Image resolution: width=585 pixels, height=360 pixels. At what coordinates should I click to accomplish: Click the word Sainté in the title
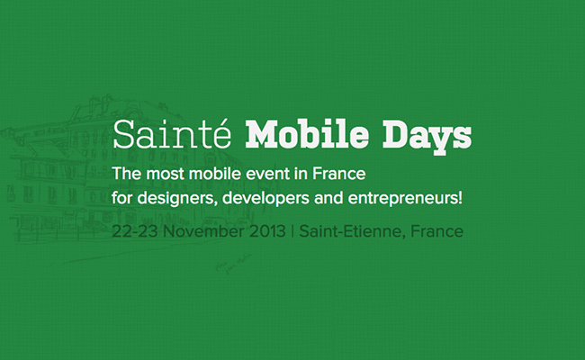pos(172,134)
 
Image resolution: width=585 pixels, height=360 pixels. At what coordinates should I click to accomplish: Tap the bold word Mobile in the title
pos(307,134)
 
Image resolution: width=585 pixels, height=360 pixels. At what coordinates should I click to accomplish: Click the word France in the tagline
pos(338,174)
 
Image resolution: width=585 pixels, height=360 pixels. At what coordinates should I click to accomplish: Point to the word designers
pos(177,198)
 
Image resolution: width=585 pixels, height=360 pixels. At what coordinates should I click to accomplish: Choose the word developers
pos(265,198)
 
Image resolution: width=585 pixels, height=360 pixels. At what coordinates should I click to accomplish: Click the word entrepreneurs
pos(402,198)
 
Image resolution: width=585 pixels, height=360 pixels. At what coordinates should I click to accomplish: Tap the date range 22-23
pos(135,231)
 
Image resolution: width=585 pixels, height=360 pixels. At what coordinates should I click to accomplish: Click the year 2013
pos(267,231)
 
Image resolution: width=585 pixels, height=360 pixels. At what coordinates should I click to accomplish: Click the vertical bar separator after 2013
pos(292,231)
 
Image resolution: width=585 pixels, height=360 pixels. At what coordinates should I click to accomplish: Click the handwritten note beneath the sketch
pos(233,264)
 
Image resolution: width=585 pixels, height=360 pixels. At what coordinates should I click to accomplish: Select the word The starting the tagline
pos(127,174)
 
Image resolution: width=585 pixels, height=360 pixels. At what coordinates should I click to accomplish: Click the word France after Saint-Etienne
pos(436,231)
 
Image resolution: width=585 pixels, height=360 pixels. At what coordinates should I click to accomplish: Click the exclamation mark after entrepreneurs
pos(461,197)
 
